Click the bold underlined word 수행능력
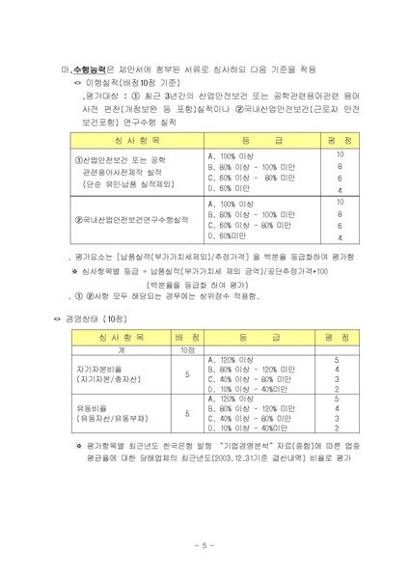click(x=90, y=69)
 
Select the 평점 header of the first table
click(x=340, y=141)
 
